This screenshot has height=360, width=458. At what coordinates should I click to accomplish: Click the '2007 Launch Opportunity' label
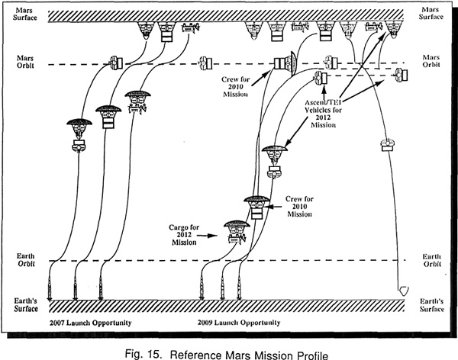pyautogui.click(x=91, y=323)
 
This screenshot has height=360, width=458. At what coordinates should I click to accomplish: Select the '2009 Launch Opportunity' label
pyautogui.click(x=239, y=323)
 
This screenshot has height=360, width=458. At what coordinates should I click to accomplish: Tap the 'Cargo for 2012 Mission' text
pyautogui.click(x=184, y=235)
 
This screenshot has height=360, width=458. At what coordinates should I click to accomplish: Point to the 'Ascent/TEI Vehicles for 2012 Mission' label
pyautogui.click(x=323, y=114)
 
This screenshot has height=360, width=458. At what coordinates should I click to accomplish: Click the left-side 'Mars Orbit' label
pyautogui.click(x=25, y=62)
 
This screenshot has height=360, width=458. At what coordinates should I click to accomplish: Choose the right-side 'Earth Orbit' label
pyautogui.click(x=432, y=260)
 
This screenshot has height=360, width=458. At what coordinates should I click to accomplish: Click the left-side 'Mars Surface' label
pyautogui.click(x=25, y=14)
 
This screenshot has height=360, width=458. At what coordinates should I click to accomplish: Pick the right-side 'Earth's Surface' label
pyautogui.click(x=432, y=305)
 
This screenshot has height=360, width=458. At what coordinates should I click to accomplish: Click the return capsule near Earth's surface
pyautogui.click(x=404, y=291)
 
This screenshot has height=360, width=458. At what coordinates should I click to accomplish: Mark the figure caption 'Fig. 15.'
pyautogui.click(x=144, y=354)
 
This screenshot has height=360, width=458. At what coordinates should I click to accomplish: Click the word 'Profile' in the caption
pyautogui.click(x=312, y=355)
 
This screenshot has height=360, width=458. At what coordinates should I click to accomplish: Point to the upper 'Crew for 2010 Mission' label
pyautogui.click(x=235, y=87)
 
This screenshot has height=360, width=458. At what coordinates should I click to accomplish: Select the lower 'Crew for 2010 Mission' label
pyautogui.click(x=299, y=207)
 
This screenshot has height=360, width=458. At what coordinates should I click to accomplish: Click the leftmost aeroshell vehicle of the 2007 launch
pyautogui.click(x=79, y=135)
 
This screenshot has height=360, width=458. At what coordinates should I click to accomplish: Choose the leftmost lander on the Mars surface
pyautogui.click(x=145, y=31)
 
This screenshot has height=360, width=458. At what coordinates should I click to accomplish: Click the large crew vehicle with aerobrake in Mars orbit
pyautogui.click(x=285, y=63)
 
